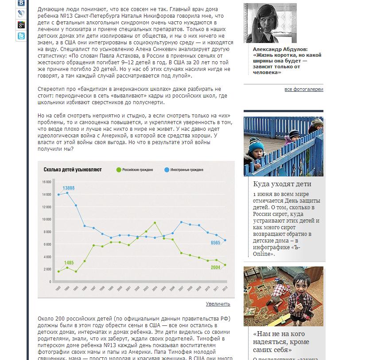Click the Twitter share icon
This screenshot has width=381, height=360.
(x=21, y=36)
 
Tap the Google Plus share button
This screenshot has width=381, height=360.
(x=21, y=25)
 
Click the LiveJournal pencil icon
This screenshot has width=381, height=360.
(x=21, y=14)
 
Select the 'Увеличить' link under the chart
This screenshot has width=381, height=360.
(x=218, y=304)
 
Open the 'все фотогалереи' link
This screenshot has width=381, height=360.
(x=303, y=89)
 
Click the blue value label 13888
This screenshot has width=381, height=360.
(x=68, y=188)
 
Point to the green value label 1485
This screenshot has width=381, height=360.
(x=68, y=263)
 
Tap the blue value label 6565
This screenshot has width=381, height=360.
(x=215, y=243)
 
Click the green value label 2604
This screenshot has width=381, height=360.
(x=215, y=267)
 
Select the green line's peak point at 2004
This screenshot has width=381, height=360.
(x=155, y=223)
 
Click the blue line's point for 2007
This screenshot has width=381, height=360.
(x=181, y=222)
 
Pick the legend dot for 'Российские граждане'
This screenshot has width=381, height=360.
(x=118, y=170)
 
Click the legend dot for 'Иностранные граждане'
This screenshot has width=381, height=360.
(x=167, y=170)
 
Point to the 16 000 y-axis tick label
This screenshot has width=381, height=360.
(x=47, y=182)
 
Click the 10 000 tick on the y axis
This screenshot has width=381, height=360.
(x=47, y=219)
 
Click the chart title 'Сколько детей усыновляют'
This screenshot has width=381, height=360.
(x=73, y=170)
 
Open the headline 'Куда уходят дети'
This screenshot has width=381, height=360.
(x=282, y=184)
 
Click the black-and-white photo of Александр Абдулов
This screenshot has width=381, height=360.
(x=270, y=23)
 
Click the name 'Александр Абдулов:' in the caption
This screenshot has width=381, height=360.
(x=280, y=49)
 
